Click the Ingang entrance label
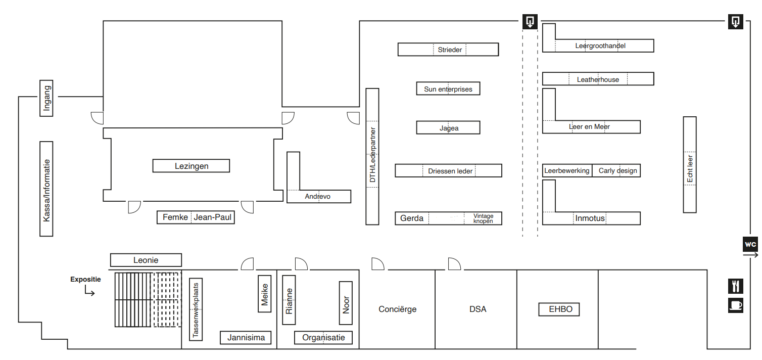[x=46, y=98]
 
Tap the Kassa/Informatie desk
[x=46, y=189]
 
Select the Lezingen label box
[x=192, y=166]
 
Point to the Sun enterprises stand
[x=448, y=89]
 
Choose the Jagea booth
[x=448, y=128]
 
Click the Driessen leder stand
[x=449, y=171]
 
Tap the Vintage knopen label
[x=483, y=218]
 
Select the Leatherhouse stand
[x=598, y=79]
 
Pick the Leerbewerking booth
[x=567, y=171]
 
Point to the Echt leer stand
[x=690, y=164]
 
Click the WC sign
[x=750, y=244]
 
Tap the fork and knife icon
[x=736, y=286]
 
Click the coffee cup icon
[x=736, y=305]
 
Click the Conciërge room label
[x=397, y=309]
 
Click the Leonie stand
[x=146, y=260]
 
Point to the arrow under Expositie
[x=89, y=291]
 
